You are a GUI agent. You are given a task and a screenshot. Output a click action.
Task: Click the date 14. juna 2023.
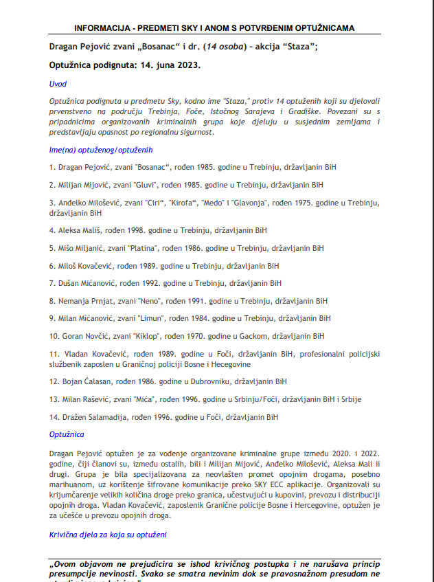168,65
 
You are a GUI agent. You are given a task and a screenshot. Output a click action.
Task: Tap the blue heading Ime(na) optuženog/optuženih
100,149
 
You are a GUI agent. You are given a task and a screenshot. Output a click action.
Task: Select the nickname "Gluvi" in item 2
146,185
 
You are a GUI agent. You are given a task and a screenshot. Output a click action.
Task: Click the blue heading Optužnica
67,434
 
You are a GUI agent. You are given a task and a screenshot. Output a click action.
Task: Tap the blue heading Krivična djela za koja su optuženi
108,534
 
